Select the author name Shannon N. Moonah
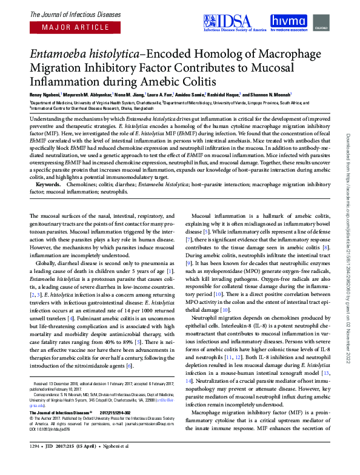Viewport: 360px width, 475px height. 272,95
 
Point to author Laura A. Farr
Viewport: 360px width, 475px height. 158,95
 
